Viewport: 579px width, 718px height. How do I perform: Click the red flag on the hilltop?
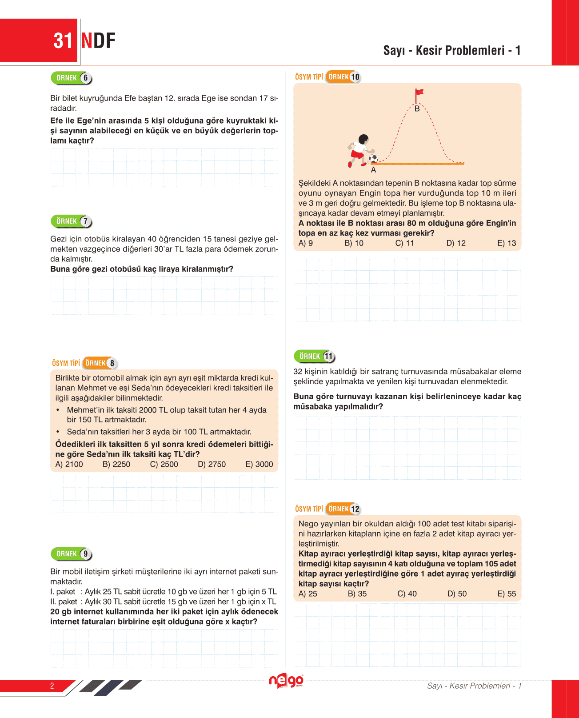click(419, 93)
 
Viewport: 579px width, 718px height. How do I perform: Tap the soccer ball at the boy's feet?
click(373, 158)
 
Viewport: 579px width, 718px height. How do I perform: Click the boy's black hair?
click(363, 139)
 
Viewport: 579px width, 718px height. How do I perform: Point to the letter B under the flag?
click(417, 108)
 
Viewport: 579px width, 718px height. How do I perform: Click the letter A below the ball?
click(373, 170)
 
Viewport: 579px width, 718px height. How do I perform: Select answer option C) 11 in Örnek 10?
click(404, 243)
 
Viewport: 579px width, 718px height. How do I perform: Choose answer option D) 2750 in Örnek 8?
click(212, 464)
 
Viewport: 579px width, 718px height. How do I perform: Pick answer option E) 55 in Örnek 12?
click(507, 594)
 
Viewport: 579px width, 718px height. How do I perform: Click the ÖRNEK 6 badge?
click(72, 78)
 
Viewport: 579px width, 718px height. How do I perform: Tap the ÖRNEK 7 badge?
click(72, 221)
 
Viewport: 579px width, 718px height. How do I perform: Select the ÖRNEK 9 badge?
click(72, 554)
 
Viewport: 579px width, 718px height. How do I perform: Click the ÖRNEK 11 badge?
click(315, 357)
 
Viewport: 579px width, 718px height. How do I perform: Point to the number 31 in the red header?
click(63, 41)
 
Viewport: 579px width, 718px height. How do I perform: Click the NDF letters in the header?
click(98, 41)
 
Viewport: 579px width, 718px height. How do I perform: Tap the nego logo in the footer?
click(286, 681)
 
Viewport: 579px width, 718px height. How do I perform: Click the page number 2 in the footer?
click(52, 686)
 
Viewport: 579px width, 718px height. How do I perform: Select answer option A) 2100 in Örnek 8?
click(69, 464)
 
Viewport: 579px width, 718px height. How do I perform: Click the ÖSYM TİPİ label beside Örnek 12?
click(309, 509)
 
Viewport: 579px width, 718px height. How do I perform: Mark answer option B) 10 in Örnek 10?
click(354, 243)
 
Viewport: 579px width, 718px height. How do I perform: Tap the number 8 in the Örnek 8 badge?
click(112, 364)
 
